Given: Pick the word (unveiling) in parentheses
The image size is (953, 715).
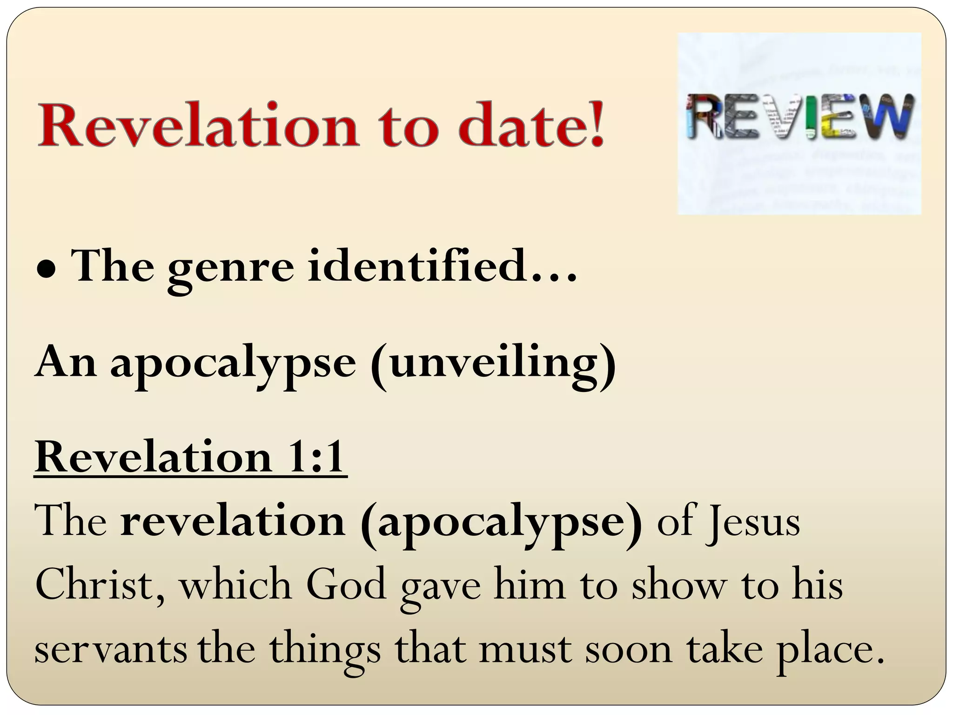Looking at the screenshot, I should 493,364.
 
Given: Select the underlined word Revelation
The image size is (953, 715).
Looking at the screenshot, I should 154,458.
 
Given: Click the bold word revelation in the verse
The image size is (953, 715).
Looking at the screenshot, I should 233,522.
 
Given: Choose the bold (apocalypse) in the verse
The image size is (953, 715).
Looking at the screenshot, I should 501,524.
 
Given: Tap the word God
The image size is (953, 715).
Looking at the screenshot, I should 346,585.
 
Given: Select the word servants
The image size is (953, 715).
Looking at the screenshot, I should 111,650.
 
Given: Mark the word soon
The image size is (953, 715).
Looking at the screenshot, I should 628,650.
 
